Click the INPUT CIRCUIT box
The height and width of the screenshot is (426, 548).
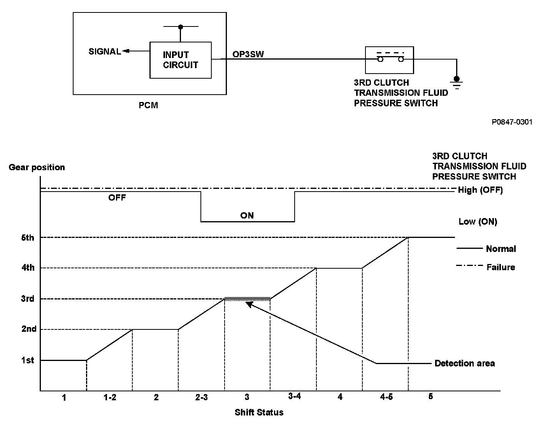(x=181, y=60)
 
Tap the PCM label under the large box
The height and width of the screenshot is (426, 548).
(x=148, y=106)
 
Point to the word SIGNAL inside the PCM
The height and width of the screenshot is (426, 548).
(x=104, y=51)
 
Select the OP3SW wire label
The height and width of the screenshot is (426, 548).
(x=248, y=54)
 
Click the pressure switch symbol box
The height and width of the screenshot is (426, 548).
(x=389, y=60)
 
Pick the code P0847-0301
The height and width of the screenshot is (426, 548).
(x=512, y=122)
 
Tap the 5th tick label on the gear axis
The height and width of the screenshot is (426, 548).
(x=28, y=238)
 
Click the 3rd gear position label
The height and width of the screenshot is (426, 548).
(x=28, y=299)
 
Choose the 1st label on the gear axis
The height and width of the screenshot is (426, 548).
(x=28, y=360)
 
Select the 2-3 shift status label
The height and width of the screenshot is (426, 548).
(x=201, y=398)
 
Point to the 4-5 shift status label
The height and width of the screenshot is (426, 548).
(x=386, y=397)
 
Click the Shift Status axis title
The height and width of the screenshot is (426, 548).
(x=259, y=412)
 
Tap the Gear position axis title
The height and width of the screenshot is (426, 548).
(x=37, y=167)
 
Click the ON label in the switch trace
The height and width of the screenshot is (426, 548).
(x=247, y=215)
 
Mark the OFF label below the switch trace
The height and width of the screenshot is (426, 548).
(x=117, y=197)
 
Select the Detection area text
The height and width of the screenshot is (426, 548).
(x=464, y=363)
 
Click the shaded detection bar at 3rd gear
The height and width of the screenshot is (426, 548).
(x=247, y=299)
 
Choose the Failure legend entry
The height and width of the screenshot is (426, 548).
(x=501, y=267)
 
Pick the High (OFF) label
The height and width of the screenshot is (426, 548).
(x=480, y=190)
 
